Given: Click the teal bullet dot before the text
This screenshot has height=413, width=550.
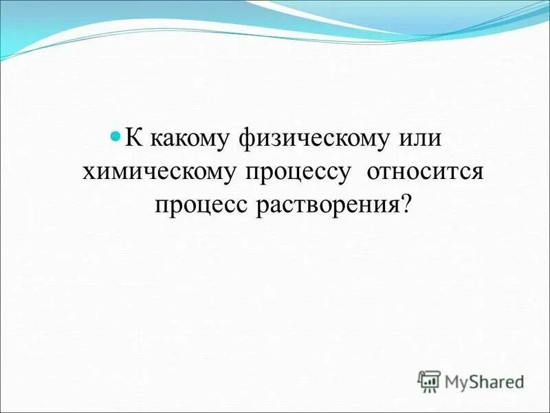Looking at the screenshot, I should (x=115, y=135).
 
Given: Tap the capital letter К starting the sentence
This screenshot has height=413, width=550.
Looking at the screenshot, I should (x=131, y=137).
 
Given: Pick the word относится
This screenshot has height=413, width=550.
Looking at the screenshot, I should (x=426, y=172).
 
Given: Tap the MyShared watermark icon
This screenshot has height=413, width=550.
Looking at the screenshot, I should (x=429, y=381).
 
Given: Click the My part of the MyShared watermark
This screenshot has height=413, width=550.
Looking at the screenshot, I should (x=456, y=381).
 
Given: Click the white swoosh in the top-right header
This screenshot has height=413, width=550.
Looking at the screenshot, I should (x=412, y=21).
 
